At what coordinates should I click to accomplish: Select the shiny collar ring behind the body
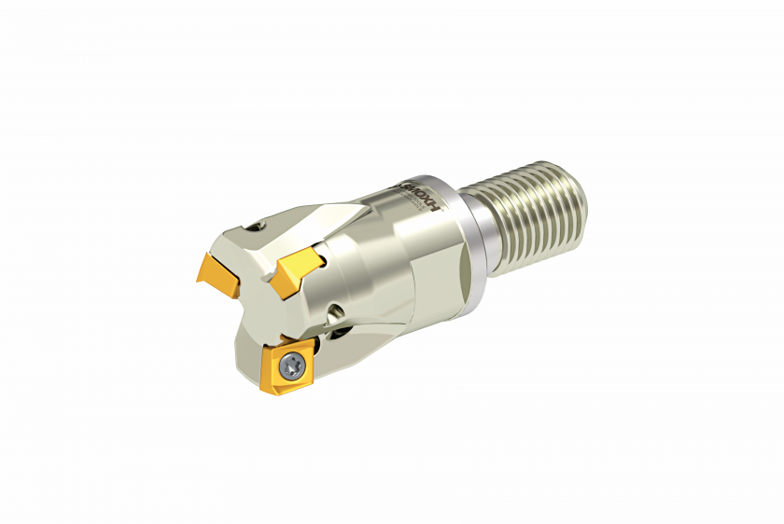(470, 244)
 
